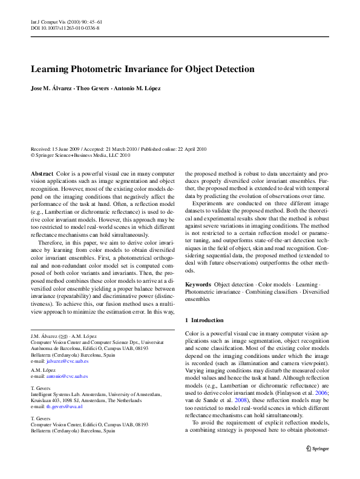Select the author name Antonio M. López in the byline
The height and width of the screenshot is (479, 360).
pyautogui.click(x=140, y=89)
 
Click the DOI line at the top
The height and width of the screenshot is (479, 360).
pyautogui.click(x=65, y=28)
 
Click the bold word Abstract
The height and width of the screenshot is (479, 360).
pyautogui.click(x=42, y=174)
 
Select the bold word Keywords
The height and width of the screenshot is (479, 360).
pyautogui.click(x=198, y=284)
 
